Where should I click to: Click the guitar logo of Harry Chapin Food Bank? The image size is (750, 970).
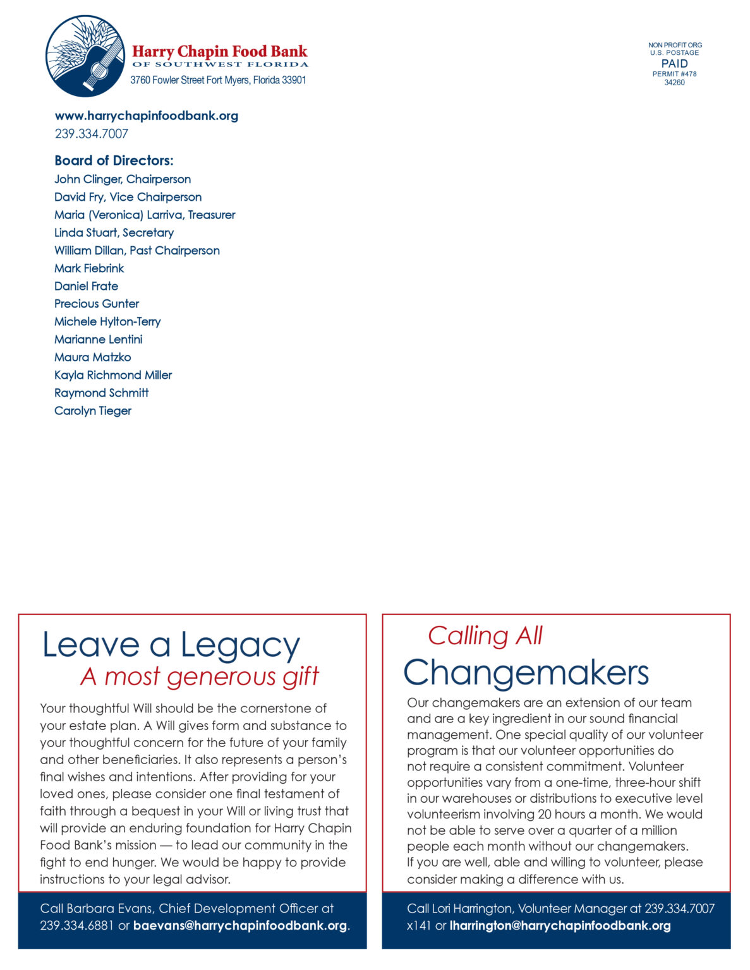tap(85, 56)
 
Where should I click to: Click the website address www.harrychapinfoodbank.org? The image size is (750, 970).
tap(146, 116)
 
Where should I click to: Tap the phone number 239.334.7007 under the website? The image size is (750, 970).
tap(91, 134)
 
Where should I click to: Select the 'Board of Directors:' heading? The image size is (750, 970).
tap(114, 160)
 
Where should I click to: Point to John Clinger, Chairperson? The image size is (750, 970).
tap(123, 179)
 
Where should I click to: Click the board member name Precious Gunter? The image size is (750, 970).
tap(97, 304)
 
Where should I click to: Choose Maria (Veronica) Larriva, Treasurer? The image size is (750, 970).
tap(145, 215)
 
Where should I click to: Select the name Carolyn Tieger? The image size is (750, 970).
tap(93, 410)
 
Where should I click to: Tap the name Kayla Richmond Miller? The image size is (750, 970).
tap(113, 375)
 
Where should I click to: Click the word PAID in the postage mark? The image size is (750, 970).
tap(674, 64)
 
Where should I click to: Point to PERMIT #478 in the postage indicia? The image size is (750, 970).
tap(674, 74)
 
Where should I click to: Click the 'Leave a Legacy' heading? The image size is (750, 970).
tap(171, 645)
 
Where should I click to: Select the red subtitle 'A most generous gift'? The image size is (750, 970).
tap(200, 677)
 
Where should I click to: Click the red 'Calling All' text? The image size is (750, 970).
tap(485, 636)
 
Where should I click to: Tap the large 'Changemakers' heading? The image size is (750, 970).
tap(526, 673)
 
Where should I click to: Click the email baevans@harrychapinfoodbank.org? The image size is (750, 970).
tap(240, 926)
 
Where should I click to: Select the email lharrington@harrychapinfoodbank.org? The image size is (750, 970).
tap(560, 926)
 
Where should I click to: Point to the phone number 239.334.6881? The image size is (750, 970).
tap(76, 926)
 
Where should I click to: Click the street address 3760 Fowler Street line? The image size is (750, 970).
tap(218, 80)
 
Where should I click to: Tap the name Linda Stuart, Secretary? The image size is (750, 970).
tap(114, 232)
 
